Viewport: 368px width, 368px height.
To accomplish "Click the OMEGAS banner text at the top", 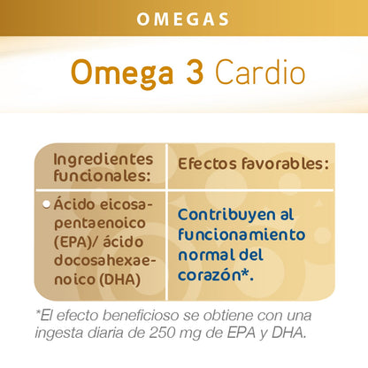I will pos(184,18).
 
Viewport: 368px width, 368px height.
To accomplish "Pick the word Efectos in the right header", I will pos(211,165).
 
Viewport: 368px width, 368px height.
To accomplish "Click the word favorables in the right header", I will pos(285,165).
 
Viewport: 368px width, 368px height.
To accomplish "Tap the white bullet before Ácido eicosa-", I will pos(47,204).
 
